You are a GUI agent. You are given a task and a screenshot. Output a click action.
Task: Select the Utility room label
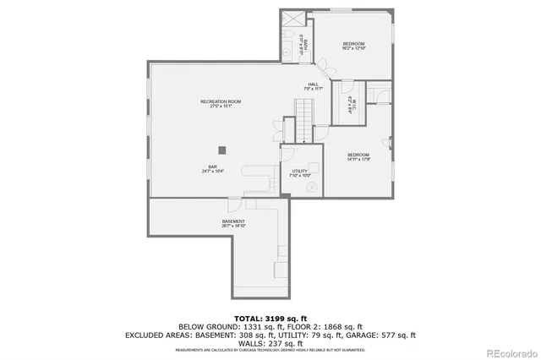click(300, 172)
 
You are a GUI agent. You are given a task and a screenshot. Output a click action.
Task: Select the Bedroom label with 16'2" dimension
click(353, 46)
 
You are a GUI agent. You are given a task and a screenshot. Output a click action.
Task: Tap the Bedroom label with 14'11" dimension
click(358, 156)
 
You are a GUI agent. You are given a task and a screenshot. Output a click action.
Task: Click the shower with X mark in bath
click(291, 21)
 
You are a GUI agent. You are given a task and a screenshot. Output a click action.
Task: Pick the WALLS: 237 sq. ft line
click(270, 343)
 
